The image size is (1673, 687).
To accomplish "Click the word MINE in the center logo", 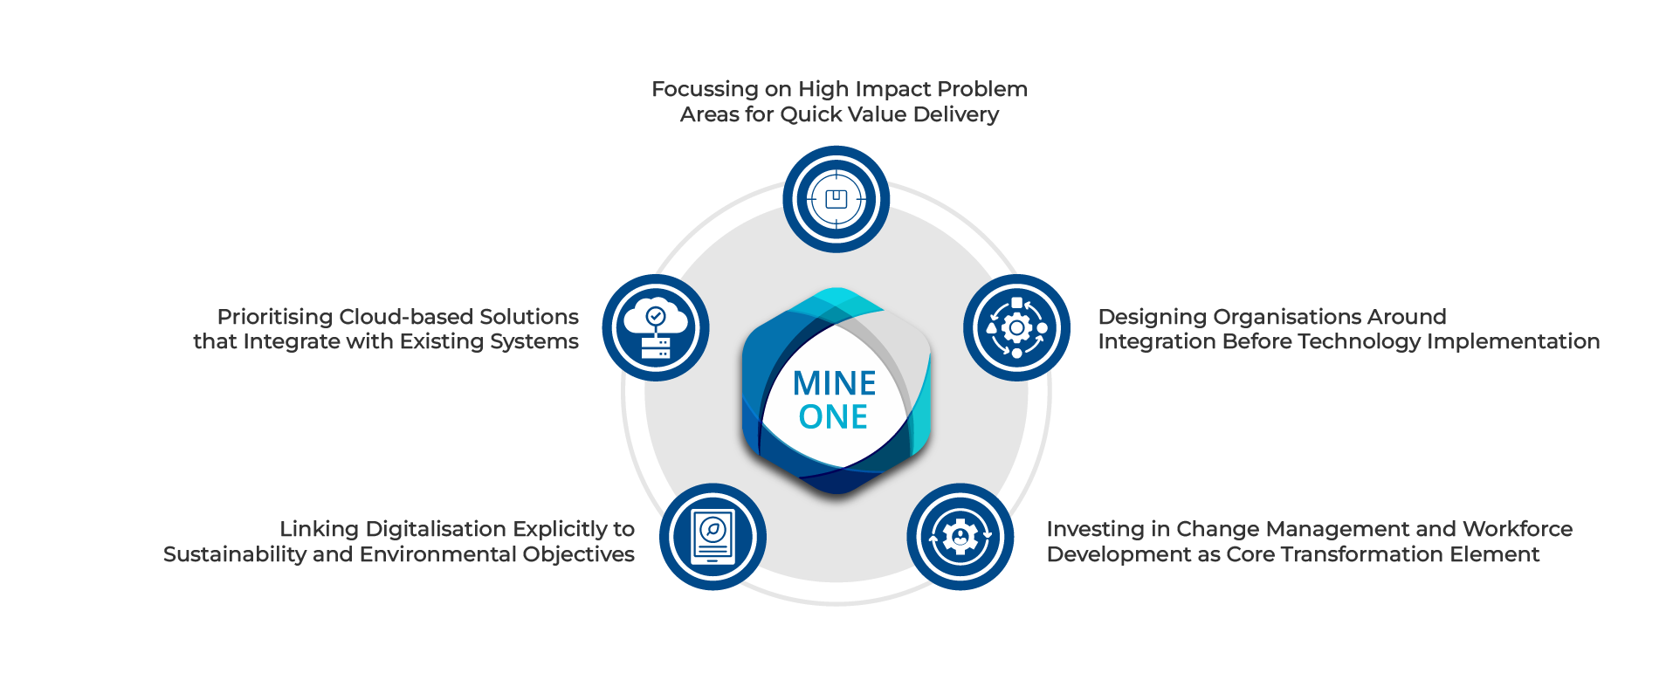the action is click(x=834, y=384).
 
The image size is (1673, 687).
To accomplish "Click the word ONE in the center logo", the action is click(x=833, y=417).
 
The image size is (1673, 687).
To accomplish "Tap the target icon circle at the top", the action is click(x=836, y=199).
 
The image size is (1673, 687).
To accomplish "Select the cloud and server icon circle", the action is click(x=656, y=328).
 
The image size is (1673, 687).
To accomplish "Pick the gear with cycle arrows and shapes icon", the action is click(x=1016, y=328).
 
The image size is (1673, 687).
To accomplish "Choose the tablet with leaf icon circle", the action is click(x=713, y=537).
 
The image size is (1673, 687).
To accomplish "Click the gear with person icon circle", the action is click(x=960, y=537).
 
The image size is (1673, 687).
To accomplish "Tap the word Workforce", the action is click(x=1517, y=529).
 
